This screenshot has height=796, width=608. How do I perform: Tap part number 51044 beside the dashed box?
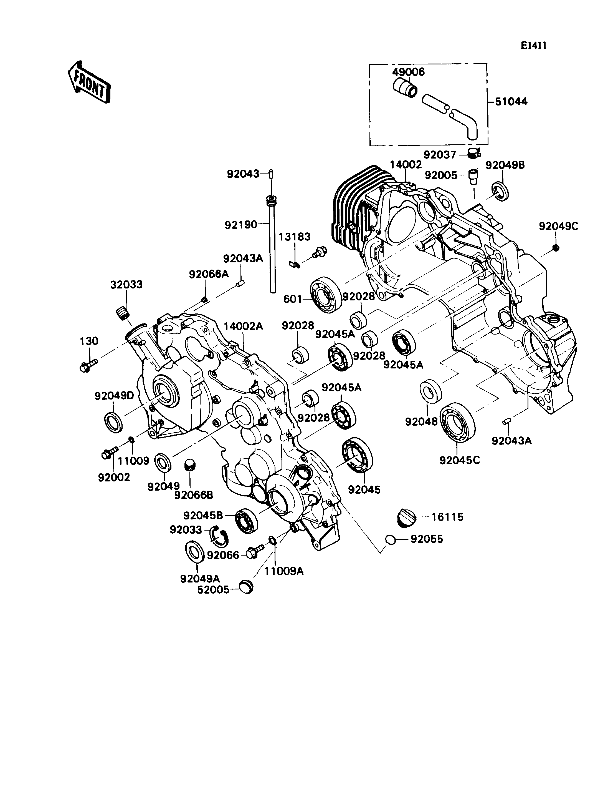tap(511, 101)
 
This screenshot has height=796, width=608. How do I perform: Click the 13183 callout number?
tap(295, 237)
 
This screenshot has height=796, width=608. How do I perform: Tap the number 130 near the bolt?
tap(89, 341)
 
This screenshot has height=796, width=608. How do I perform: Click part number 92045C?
tap(460, 460)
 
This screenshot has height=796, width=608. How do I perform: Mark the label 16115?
tap(447, 517)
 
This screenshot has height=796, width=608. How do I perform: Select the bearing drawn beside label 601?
tap(326, 295)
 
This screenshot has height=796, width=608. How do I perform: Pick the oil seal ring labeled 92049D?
tap(113, 422)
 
